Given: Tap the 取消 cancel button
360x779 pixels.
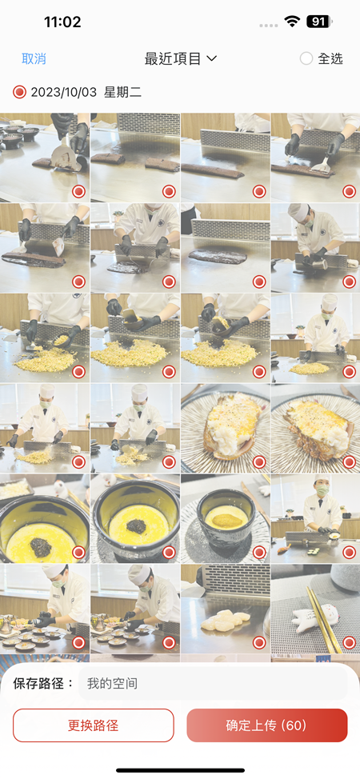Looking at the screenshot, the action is (x=34, y=58).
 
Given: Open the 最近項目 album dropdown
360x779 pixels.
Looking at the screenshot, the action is (x=181, y=58).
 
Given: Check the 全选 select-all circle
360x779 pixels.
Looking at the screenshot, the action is (x=306, y=58).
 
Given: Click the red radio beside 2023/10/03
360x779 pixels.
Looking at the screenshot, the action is (x=19, y=92).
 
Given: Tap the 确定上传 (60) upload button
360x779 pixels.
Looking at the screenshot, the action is (x=267, y=725).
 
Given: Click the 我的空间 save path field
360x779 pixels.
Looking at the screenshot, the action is (x=213, y=684).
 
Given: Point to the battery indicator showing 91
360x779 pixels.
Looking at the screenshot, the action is (x=319, y=22).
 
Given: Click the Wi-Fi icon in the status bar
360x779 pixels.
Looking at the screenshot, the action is (x=292, y=21).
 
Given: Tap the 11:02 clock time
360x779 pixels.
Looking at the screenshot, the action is (x=62, y=22).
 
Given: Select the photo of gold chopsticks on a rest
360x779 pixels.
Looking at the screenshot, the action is (x=315, y=608).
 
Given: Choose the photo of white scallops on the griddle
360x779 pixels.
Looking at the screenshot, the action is (x=226, y=608).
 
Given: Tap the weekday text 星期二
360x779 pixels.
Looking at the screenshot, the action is (x=123, y=92).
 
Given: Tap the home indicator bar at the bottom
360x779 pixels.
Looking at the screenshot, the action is (x=180, y=770).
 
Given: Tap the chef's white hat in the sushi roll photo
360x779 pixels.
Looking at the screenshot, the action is (x=322, y=481).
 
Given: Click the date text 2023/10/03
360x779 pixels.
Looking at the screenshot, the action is (x=64, y=92).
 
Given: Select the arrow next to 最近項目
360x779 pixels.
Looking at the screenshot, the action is (x=211, y=58).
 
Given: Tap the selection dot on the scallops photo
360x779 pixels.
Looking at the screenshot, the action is (x=259, y=642).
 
